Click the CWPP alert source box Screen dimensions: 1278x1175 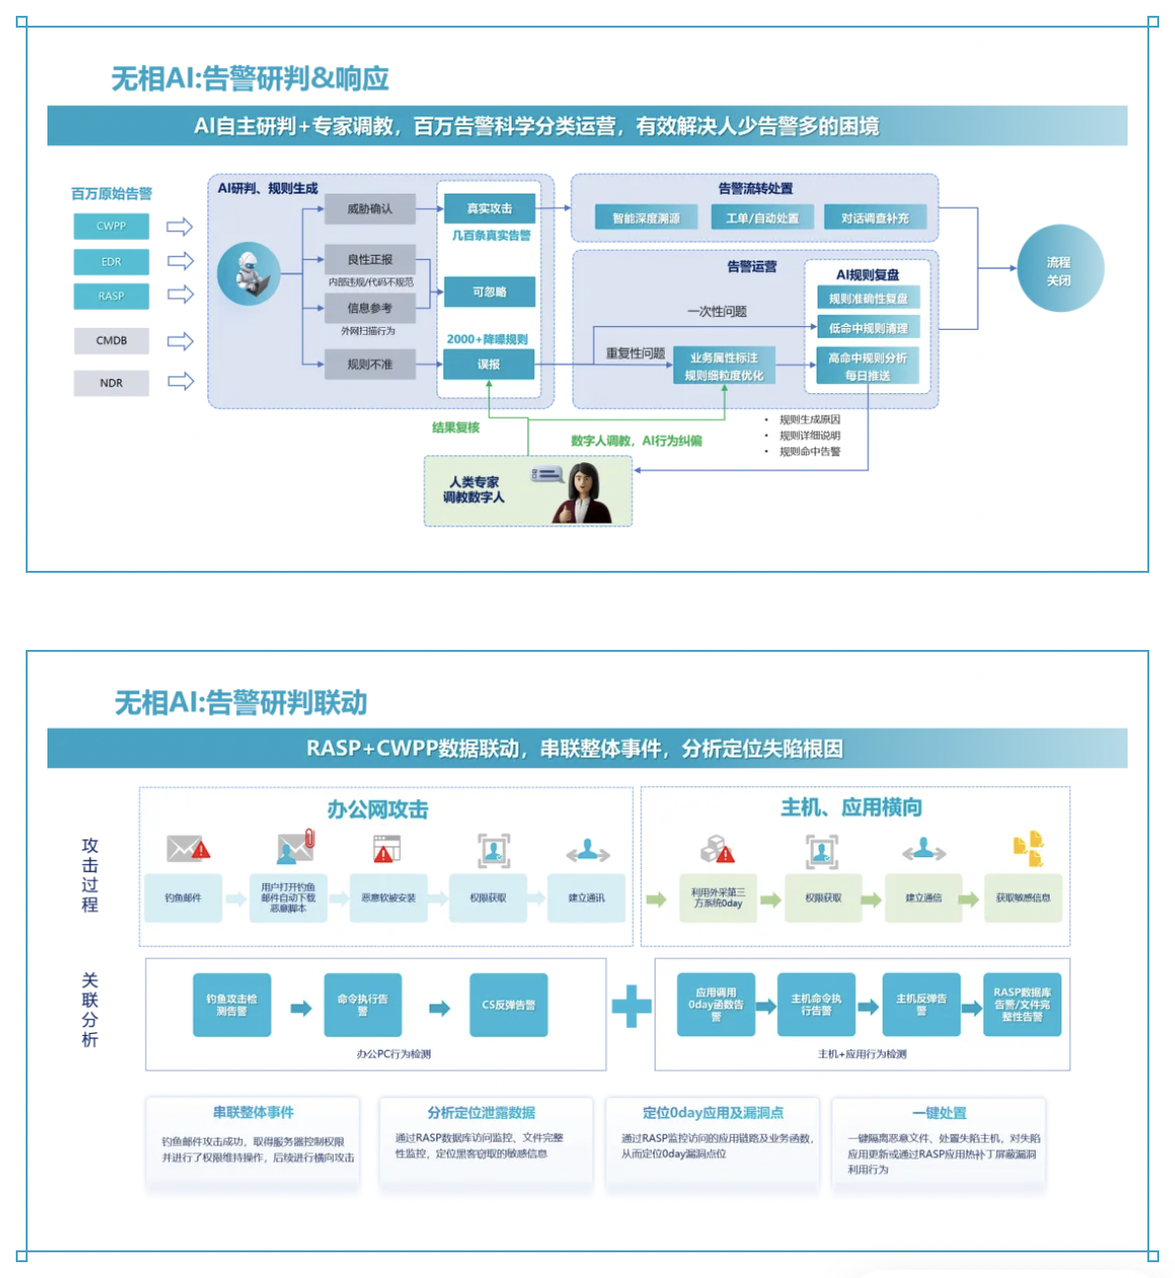112,226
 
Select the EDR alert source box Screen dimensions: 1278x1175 112,262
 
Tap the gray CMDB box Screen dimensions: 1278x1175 112,341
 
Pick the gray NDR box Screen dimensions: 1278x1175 112,382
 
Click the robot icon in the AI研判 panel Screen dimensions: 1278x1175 248,274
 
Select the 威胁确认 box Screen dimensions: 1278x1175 370,208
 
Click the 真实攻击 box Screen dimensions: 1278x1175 490,208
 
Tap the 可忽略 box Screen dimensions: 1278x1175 490,291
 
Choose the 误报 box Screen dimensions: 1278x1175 490,364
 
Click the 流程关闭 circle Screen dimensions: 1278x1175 1059,271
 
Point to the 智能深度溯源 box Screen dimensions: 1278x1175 647,218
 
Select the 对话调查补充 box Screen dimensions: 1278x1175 875,218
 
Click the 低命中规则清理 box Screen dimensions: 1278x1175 868,328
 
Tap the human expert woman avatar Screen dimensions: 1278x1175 584,494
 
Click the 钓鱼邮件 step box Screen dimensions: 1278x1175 184,898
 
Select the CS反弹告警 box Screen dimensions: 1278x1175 509,1005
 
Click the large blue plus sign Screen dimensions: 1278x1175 632,1006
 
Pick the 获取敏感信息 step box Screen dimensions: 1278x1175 1023,898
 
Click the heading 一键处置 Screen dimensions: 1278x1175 939,1113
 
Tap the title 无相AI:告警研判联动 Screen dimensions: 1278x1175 241,702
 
